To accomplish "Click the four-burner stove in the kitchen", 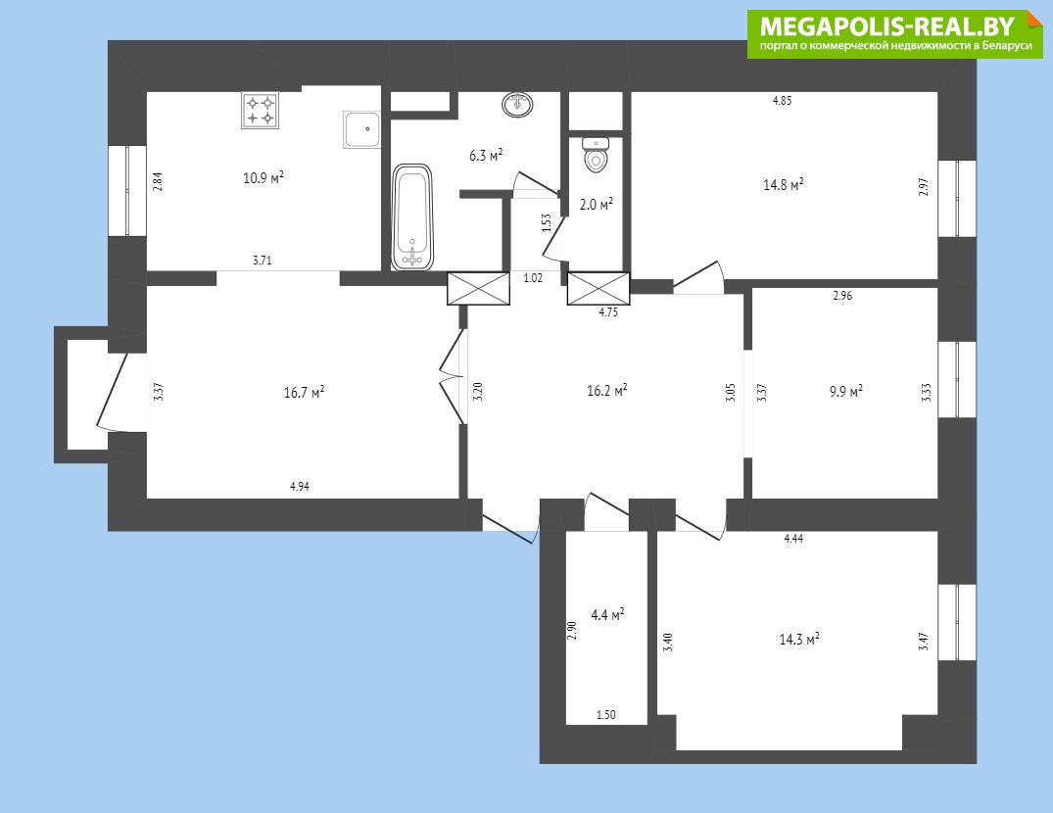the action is (x=260, y=110).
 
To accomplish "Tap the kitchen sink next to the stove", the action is (x=362, y=130).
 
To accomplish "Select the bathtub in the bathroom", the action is (x=411, y=216).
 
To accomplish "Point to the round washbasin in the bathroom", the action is (x=517, y=105).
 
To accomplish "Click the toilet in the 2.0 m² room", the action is (x=596, y=155).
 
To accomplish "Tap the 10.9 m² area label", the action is (x=263, y=178).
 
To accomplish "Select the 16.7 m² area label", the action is (x=305, y=392).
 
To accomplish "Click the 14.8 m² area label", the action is (x=784, y=184).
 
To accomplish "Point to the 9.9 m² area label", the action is (x=846, y=391).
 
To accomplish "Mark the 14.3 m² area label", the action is (x=799, y=639).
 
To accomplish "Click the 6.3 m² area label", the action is (x=486, y=156).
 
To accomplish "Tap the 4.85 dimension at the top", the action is (x=783, y=101).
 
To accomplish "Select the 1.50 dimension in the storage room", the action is (x=606, y=715).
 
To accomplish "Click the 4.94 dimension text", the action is (x=300, y=487).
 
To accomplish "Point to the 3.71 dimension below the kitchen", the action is (x=263, y=261).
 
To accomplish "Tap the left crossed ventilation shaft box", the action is (x=479, y=289).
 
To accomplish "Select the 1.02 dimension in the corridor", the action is (x=533, y=278).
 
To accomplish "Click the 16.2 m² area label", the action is (x=607, y=390).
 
